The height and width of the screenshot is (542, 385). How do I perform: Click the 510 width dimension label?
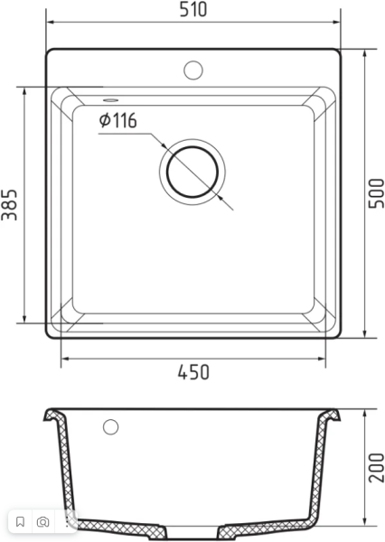click(x=193, y=9)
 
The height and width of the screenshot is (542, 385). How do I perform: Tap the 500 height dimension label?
click(x=376, y=193)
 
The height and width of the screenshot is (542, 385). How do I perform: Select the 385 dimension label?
click(x=9, y=205)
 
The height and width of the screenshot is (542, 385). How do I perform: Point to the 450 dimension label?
click(x=193, y=372)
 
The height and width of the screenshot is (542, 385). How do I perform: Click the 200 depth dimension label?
click(x=376, y=468)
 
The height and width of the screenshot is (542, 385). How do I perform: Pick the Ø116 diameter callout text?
click(x=118, y=120)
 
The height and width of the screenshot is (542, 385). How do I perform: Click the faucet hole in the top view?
click(x=193, y=70)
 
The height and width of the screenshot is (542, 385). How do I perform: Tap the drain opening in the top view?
click(x=192, y=172)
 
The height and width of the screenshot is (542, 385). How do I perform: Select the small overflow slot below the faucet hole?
click(x=110, y=100)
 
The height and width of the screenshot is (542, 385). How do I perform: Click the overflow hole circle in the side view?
click(x=110, y=427)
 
